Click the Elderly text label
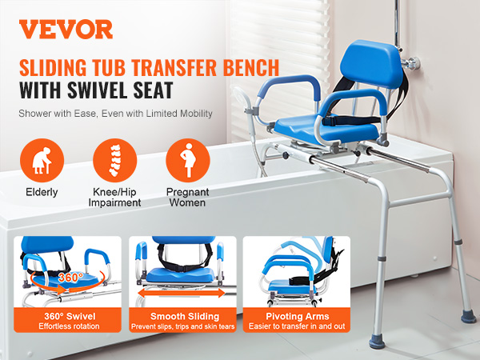41,193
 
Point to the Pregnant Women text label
188,198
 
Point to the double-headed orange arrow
182,294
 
